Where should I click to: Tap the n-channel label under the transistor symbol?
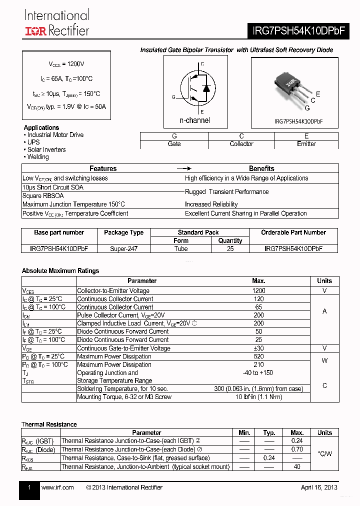(194, 120)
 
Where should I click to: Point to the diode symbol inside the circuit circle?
(205, 88)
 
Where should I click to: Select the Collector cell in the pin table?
(241, 144)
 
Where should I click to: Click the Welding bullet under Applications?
(37, 157)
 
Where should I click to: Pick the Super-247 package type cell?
(123, 248)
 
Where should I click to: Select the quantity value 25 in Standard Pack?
(230, 248)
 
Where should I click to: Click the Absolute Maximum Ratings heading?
(60, 271)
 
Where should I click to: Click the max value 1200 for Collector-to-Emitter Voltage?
(259, 290)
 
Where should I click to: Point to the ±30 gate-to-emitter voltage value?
(259, 348)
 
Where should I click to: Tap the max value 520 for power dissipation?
(259, 356)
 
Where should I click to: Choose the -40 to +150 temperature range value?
(259, 373)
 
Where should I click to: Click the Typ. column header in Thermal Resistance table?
(269, 432)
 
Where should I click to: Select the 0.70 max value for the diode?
(297, 449)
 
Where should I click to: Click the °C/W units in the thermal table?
(324, 453)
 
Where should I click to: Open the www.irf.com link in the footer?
(57, 487)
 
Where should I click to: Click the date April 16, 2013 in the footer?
(318, 487)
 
